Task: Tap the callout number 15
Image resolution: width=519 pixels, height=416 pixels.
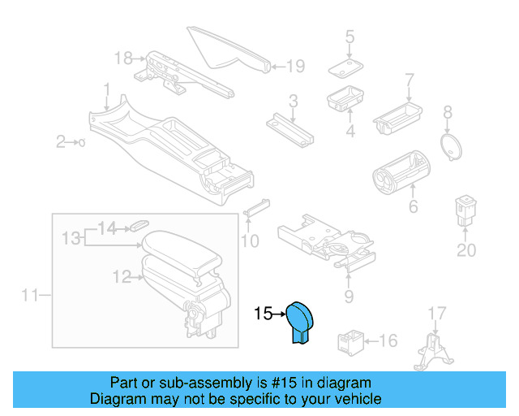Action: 264,313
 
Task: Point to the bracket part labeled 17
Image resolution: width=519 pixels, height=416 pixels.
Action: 434,353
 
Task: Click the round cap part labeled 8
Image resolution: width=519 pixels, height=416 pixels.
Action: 448,145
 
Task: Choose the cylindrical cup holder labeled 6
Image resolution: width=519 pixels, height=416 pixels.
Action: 400,171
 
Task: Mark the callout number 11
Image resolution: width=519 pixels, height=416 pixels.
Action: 30,296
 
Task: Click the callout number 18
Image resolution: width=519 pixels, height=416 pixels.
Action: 123,58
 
